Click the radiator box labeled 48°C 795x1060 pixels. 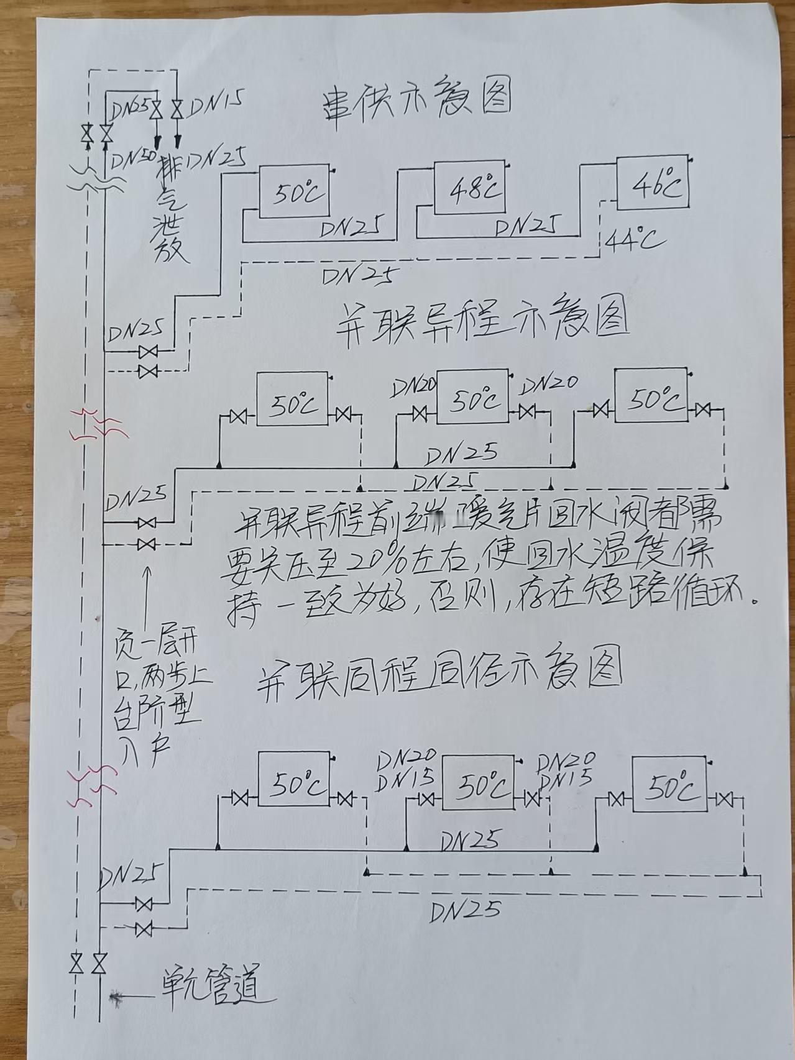pyautogui.click(x=471, y=188)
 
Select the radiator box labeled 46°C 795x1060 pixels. pyautogui.click(x=652, y=182)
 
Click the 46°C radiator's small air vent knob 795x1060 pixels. pyautogui.click(x=691, y=160)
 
